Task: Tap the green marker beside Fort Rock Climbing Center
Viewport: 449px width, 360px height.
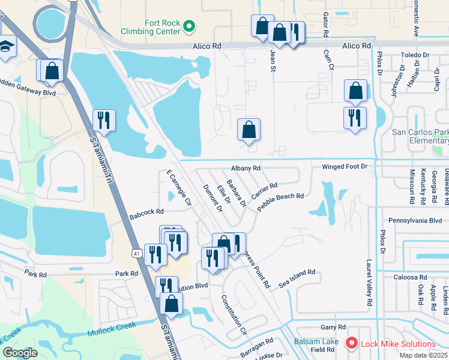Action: click(188, 26)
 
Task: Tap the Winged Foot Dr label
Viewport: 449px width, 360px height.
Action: click(344, 166)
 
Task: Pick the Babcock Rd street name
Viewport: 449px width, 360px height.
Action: click(146, 212)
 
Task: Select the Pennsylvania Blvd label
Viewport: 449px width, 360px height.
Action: click(415, 221)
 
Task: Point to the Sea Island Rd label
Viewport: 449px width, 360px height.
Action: click(297, 280)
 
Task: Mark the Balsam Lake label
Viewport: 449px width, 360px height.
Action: click(316, 341)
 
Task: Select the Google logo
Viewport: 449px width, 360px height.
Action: click(20, 353)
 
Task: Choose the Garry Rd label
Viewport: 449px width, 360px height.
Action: click(333, 328)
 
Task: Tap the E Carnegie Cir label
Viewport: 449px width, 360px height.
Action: click(178, 186)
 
